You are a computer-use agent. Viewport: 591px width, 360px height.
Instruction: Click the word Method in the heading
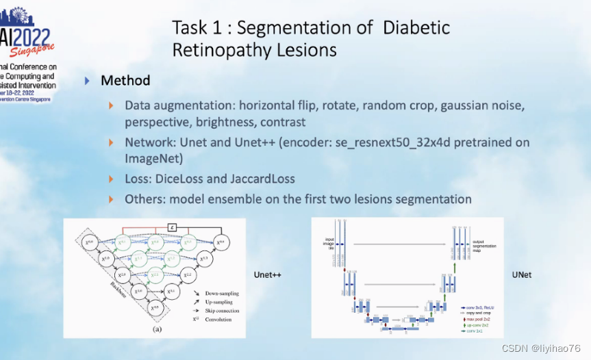click(125, 81)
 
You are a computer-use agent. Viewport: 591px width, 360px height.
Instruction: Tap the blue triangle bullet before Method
click(87, 81)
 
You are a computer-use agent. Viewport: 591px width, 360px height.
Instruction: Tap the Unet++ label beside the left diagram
click(268, 275)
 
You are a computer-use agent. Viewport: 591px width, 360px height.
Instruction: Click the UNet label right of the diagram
click(521, 275)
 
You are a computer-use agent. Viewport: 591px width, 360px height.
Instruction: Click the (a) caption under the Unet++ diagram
click(157, 328)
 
